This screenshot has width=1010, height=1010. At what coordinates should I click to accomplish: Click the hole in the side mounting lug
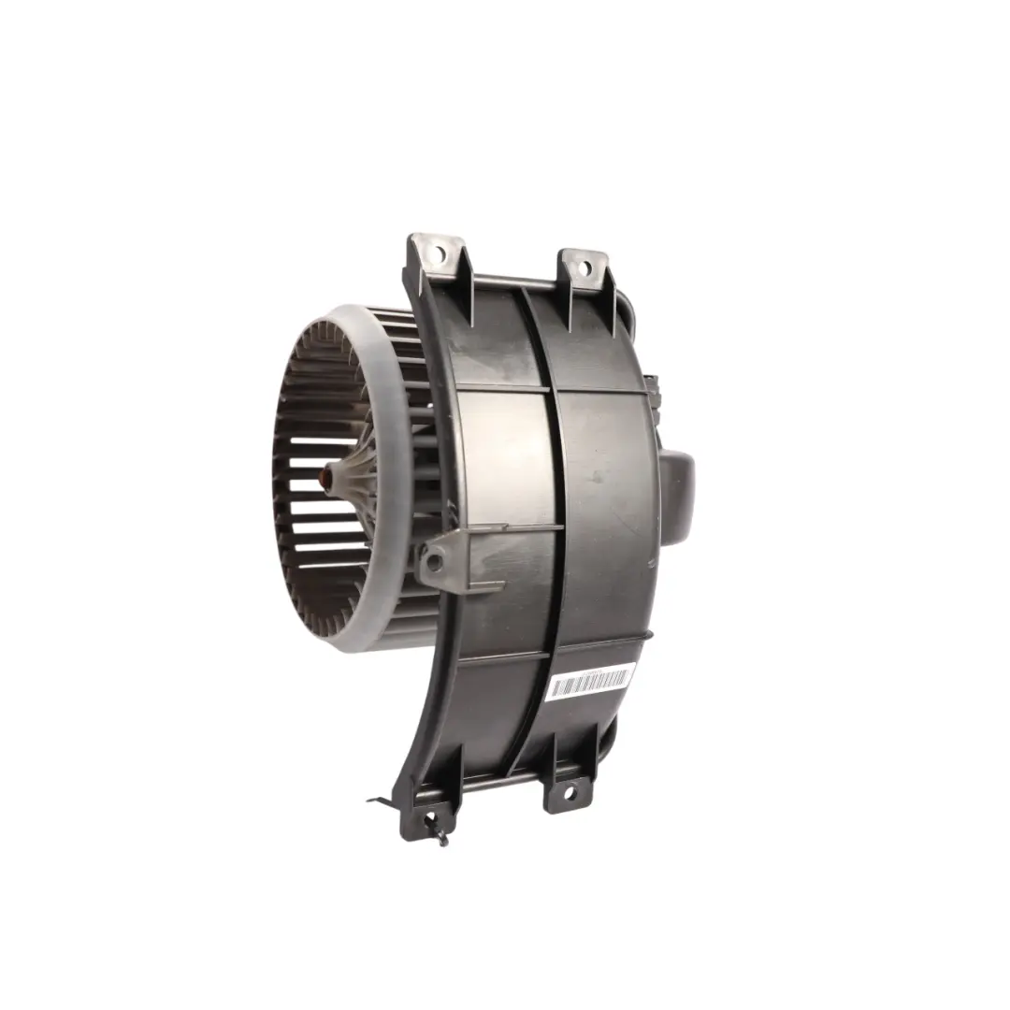pyautogui.click(x=433, y=562)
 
